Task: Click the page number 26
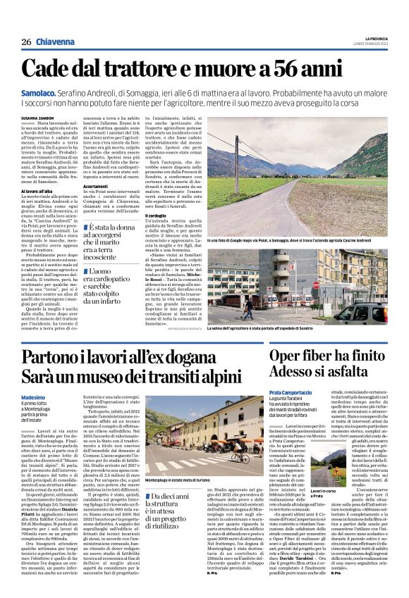pos(25,42)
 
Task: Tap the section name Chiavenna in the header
pos(56,42)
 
